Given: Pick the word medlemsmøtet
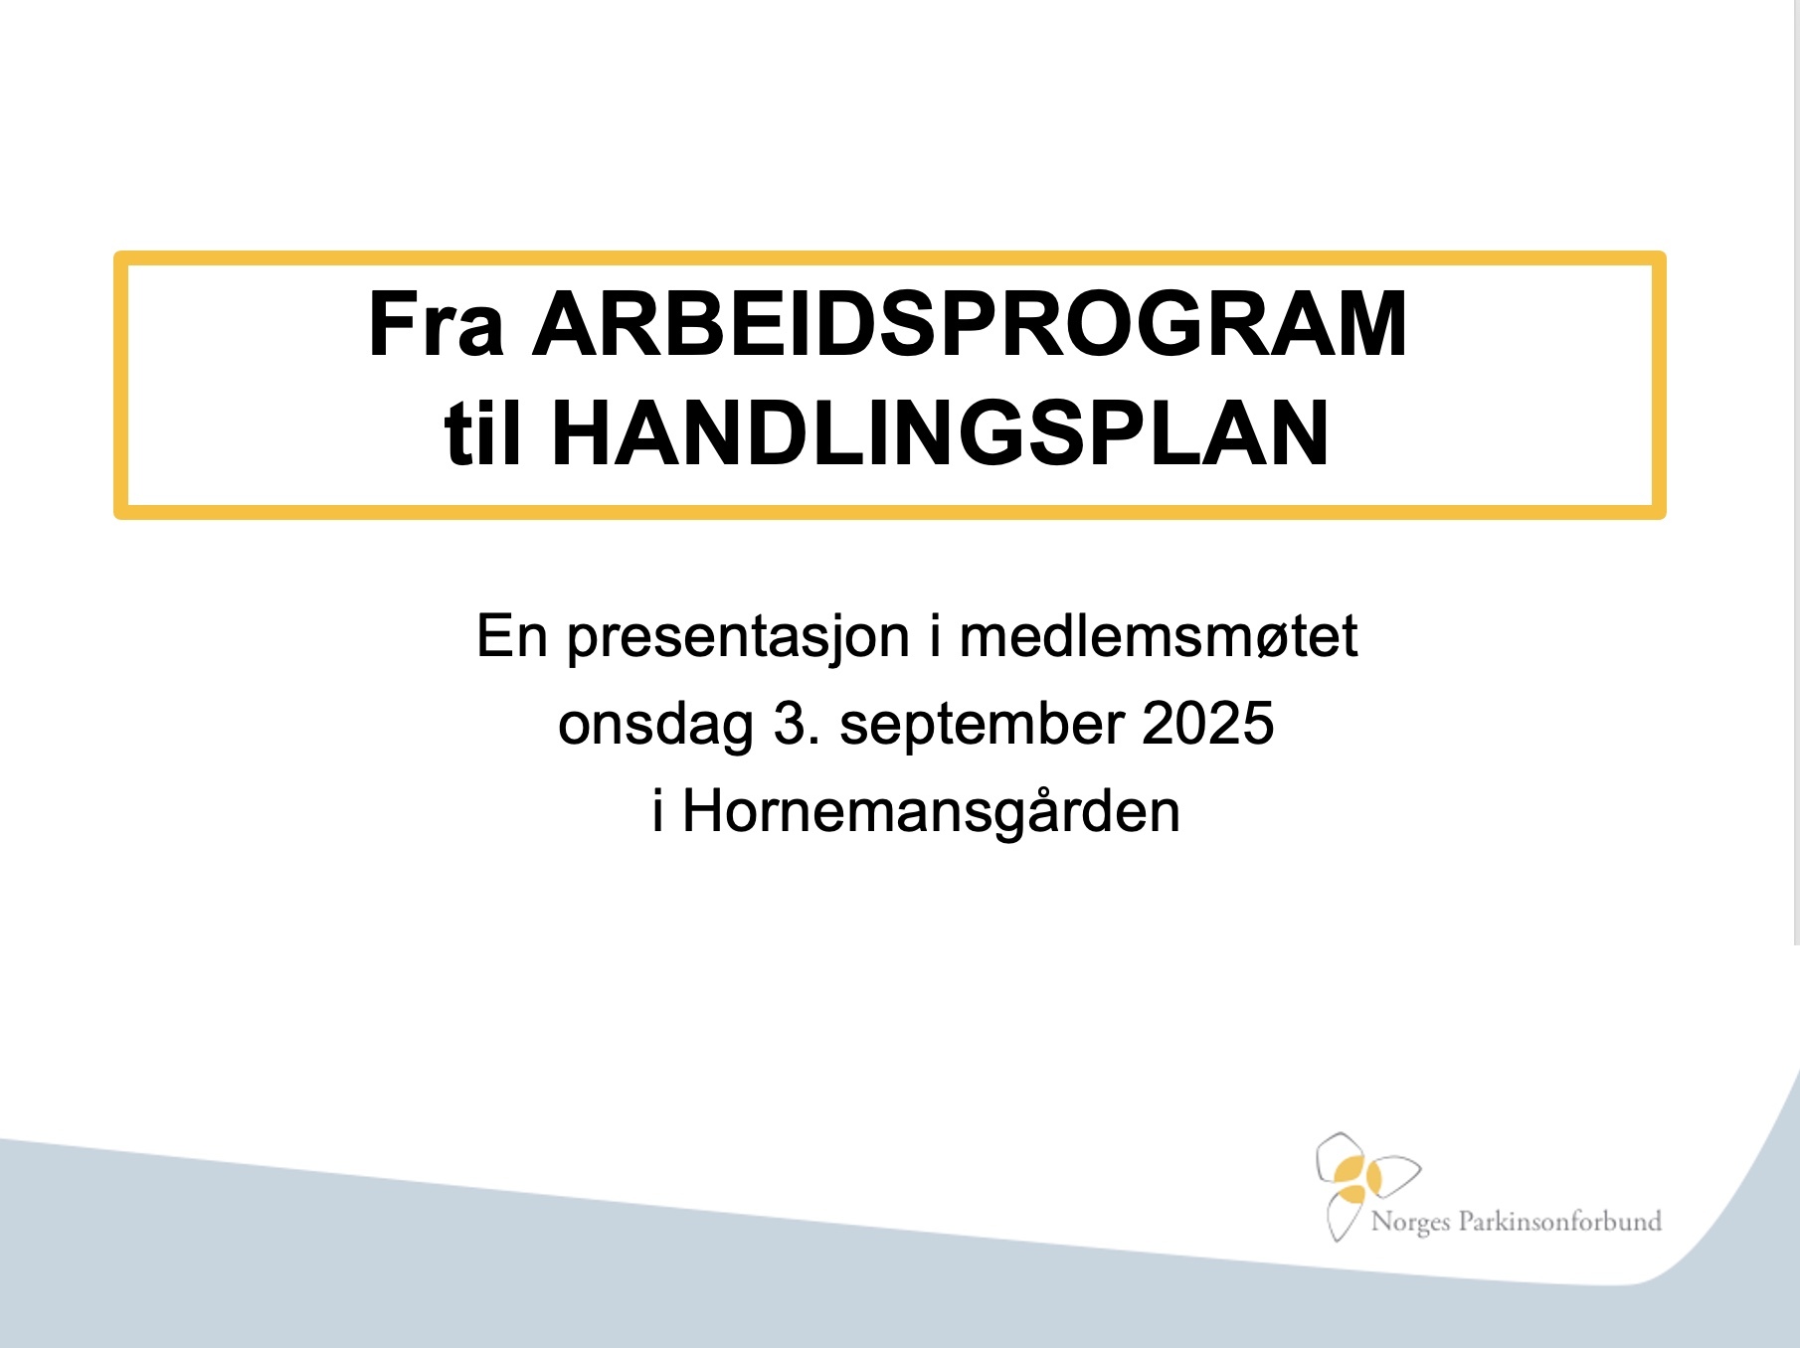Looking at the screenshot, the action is click(1158, 636).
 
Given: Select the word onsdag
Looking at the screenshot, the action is click(655, 725).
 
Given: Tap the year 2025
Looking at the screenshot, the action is click(1207, 723).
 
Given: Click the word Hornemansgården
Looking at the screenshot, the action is click(931, 811).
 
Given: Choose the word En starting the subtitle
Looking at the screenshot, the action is click(512, 636).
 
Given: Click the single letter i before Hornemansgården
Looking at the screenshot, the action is click(658, 811).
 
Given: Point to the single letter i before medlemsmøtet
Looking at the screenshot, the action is click(935, 636).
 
